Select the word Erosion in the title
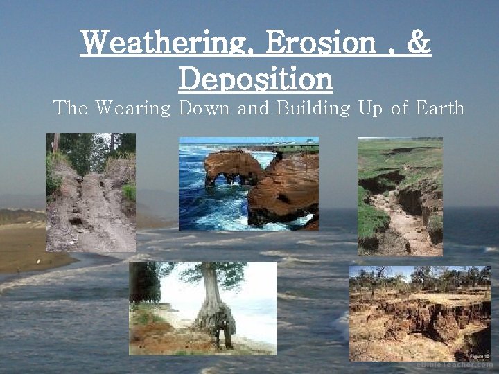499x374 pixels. [x=320, y=44]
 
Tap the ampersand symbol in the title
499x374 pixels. [x=419, y=44]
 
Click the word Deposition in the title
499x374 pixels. [x=256, y=78]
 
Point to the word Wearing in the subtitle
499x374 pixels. [x=132, y=109]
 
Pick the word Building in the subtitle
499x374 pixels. [x=310, y=109]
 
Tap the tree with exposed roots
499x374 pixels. [x=216, y=298]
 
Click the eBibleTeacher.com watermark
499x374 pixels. [x=455, y=364]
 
